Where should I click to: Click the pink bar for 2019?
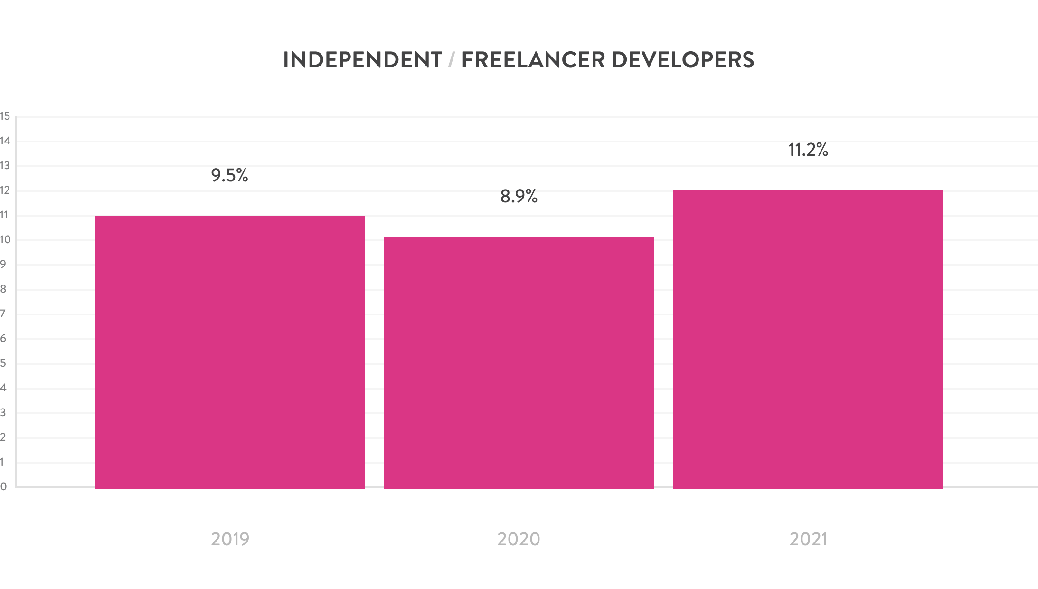point(230,352)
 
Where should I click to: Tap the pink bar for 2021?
point(808,339)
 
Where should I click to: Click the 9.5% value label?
point(230,176)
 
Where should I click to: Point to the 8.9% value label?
point(519,196)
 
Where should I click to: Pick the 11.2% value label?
point(808,150)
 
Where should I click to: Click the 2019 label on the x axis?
point(230,539)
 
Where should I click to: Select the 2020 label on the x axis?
point(519,539)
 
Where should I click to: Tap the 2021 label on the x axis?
point(808,539)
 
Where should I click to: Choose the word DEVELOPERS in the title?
point(683,60)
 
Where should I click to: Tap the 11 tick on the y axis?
point(5,215)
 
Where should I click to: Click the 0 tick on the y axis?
point(4,487)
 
